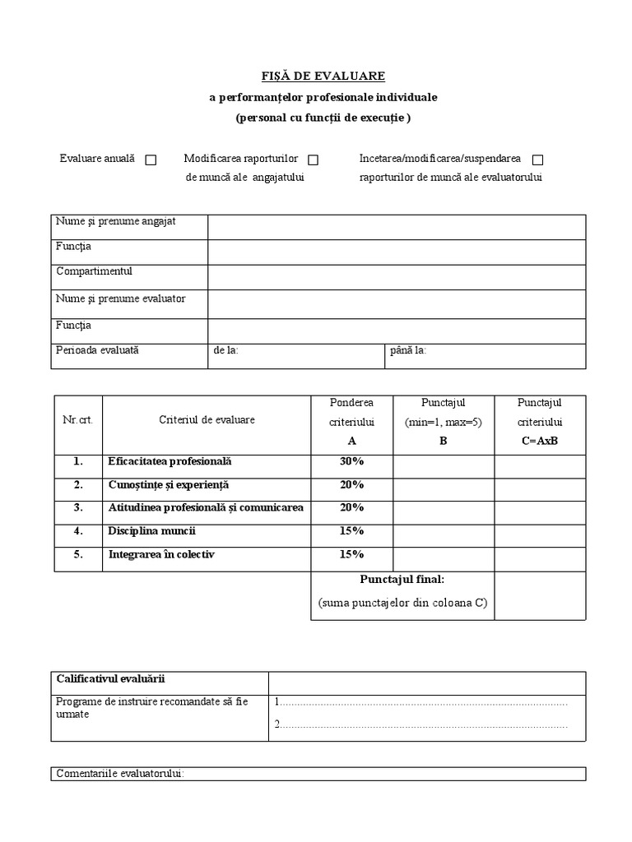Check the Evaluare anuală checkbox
(x=151, y=160)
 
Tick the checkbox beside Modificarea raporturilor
(x=313, y=160)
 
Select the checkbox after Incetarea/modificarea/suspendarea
(x=537, y=160)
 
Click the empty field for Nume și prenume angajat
(x=396, y=227)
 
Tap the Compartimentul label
(x=94, y=271)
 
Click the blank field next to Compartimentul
(x=396, y=277)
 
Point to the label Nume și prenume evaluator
(x=120, y=298)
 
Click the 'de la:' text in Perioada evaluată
(x=225, y=350)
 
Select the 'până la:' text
(x=408, y=350)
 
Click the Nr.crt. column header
(x=78, y=420)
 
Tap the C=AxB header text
(x=539, y=440)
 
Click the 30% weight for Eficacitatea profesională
(x=351, y=462)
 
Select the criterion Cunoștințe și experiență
(x=169, y=485)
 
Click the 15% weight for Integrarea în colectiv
(x=351, y=555)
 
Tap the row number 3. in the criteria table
(x=78, y=507)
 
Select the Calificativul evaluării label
(x=111, y=678)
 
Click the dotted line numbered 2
(x=421, y=724)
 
